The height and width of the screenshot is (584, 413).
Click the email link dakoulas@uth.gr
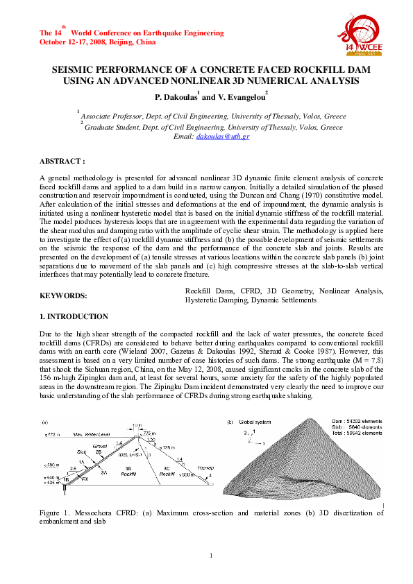[223, 137]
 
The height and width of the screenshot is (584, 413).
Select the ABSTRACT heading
[62, 160]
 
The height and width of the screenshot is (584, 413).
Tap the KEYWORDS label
[63, 295]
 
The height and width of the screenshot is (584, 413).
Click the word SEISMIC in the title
[77, 71]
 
